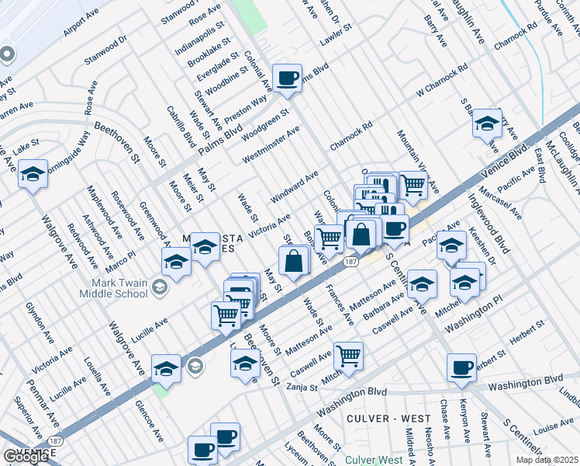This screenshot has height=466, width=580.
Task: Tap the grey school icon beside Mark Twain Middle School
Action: click(x=160, y=289)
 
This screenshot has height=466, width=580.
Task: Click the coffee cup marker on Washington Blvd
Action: click(x=462, y=367)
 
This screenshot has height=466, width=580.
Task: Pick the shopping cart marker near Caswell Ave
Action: click(x=349, y=356)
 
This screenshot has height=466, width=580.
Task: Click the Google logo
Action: click(x=26, y=457)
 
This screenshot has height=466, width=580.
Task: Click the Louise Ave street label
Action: click(x=554, y=427)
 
